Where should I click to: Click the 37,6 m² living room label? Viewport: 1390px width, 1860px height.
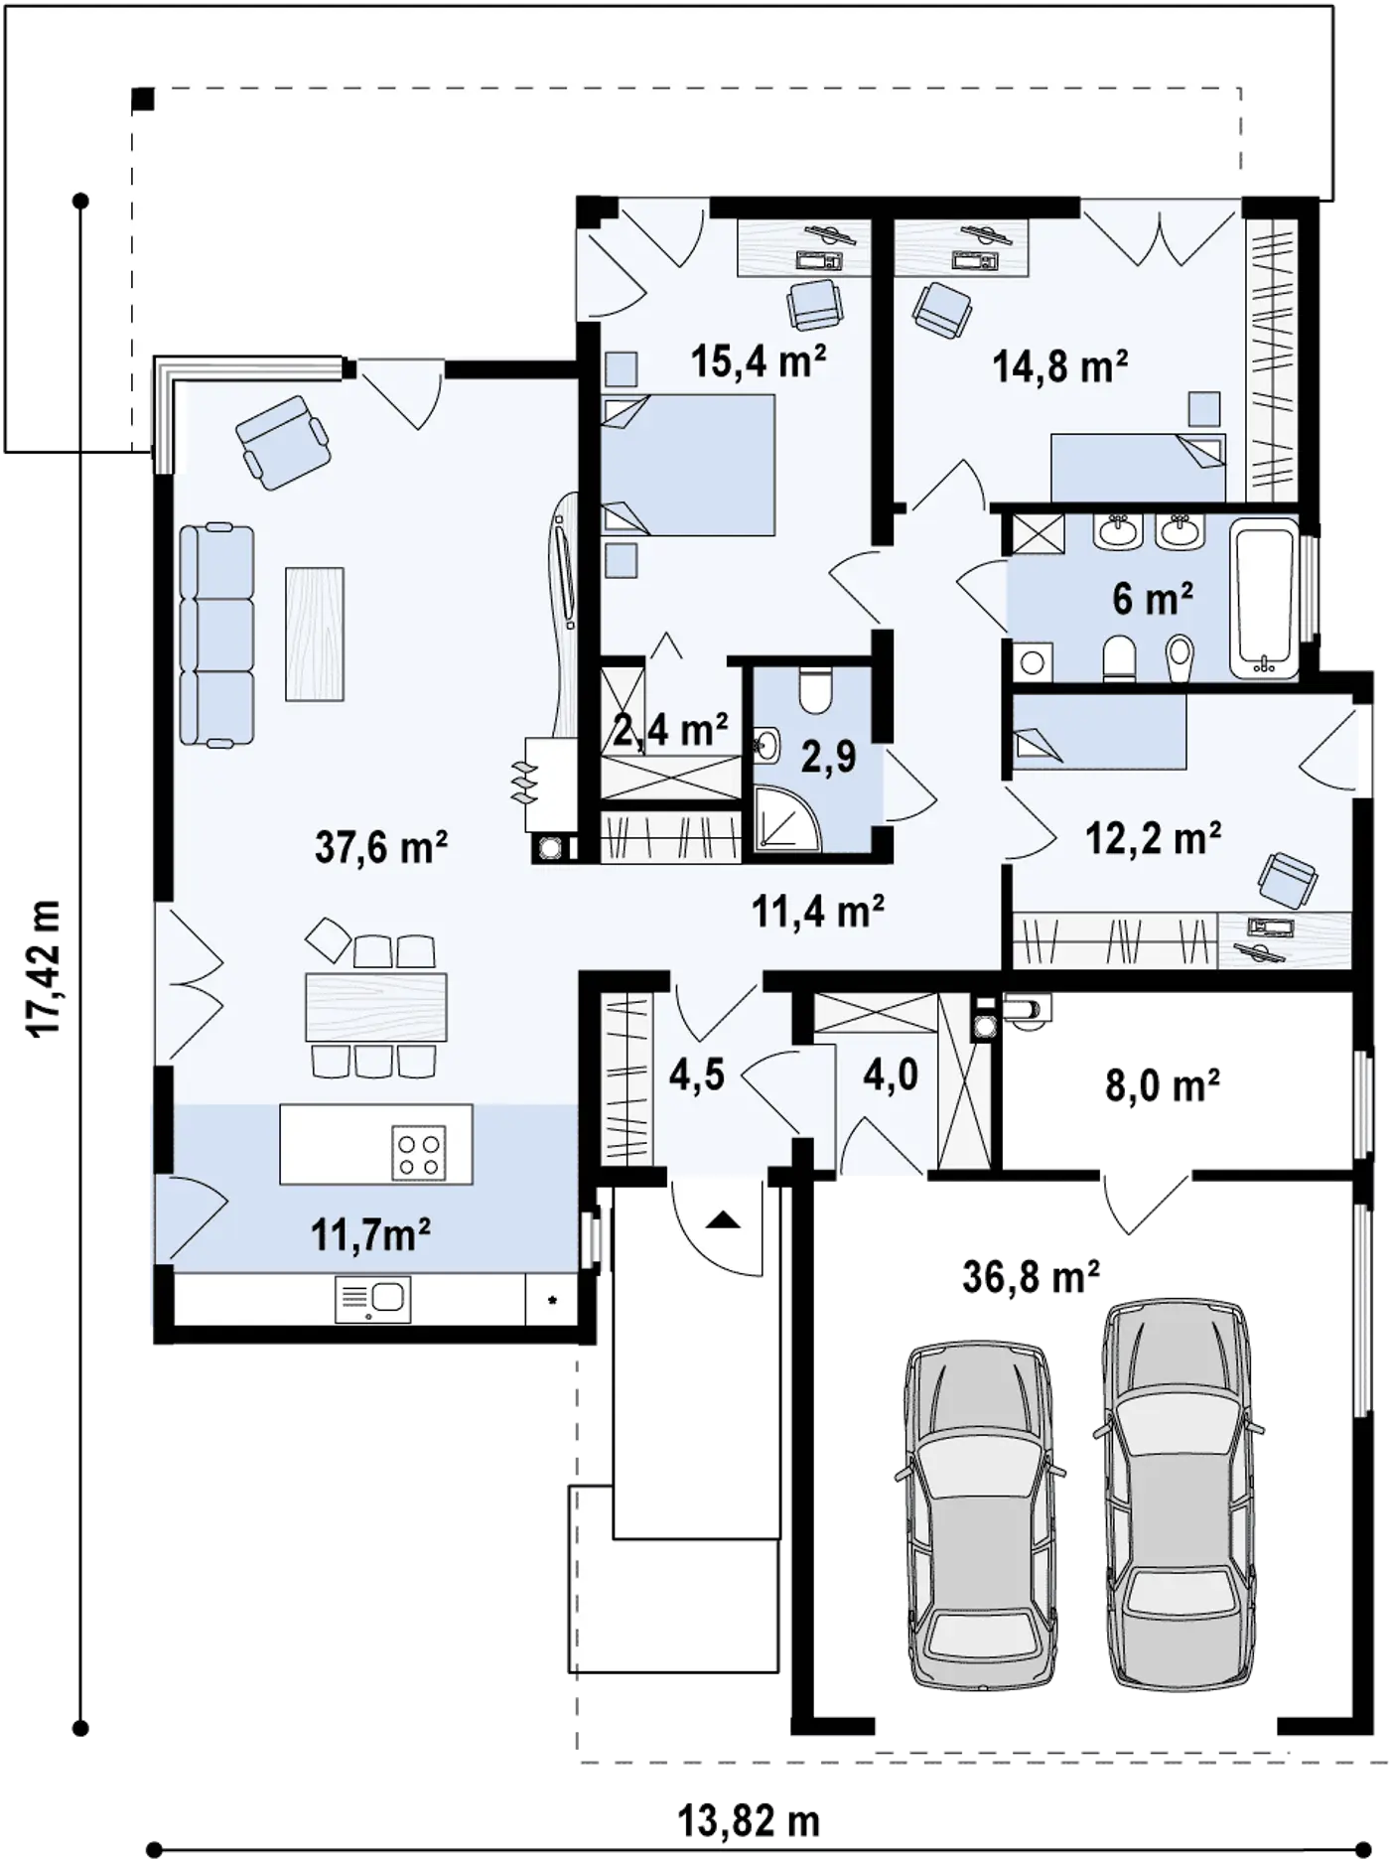pos(381,848)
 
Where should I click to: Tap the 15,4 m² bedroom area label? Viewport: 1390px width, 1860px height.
pos(760,362)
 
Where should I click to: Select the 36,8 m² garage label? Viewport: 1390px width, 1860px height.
pos(1031,1277)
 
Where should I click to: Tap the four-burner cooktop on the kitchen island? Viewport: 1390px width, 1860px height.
pos(419,1153)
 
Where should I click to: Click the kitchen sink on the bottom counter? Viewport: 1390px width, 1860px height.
pos(373,1298)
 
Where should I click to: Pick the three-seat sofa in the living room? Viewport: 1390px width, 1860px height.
pos(216,636)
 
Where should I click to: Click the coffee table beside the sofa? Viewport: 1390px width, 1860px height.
pos(315,634)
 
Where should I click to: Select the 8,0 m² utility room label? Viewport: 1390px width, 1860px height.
pos(1163,1085)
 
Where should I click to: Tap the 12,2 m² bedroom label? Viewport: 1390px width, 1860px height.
pos(1153,838)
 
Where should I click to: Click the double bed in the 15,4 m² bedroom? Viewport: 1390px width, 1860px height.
pos(687,465)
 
